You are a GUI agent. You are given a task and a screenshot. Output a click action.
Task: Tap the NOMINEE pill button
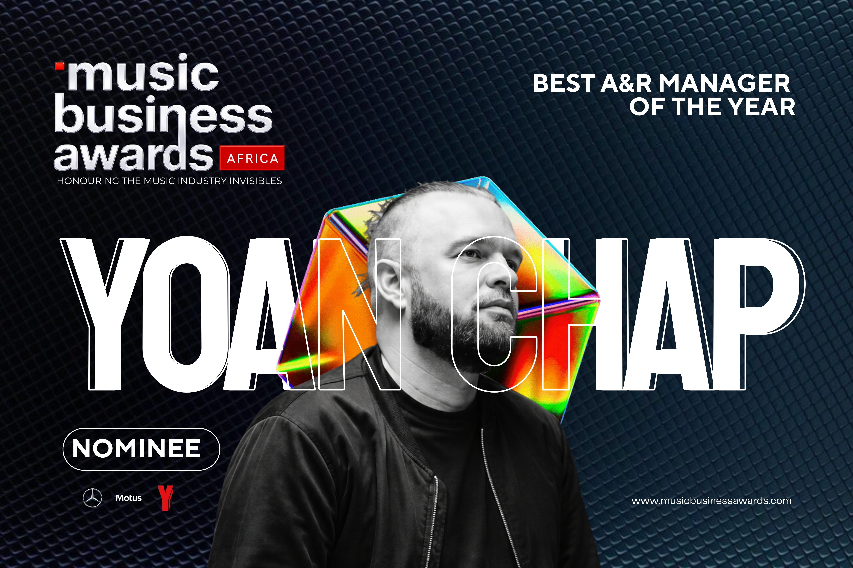[x=141, y=449]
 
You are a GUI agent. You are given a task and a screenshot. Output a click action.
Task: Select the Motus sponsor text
[x=128, y=498]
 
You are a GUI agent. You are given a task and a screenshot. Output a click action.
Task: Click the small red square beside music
[x=59, y=66]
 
